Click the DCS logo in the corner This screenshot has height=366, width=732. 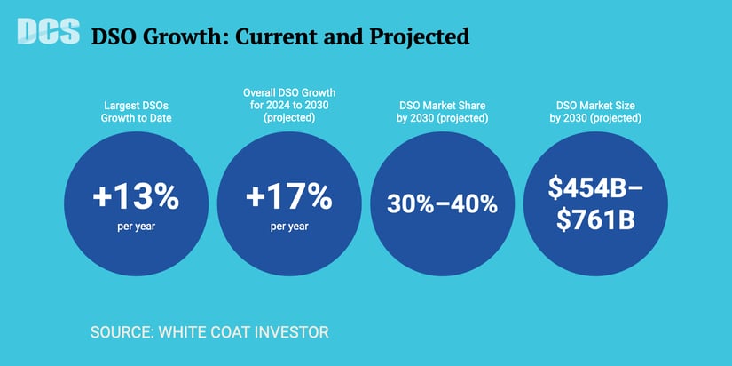pyautogui.click(x=47, y=32)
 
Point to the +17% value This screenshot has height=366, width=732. pyautogui.click(x=290, y=198)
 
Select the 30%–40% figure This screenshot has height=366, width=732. pyautogui.click(x=442, y=203)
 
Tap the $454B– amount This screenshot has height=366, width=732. pyautogui.click(x=594, y=187)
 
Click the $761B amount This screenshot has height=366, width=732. pyautogui.click(x=594, y=219)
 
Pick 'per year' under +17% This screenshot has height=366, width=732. pyautogui.click(x=290, y=226)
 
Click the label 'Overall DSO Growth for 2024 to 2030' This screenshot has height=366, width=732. pyautogui.click(x=290, y=105)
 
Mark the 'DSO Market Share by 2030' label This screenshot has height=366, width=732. pyautogui.click(x=442, y=111)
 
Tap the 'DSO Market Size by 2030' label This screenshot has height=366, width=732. pyautogui.click(x=594, y=111)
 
